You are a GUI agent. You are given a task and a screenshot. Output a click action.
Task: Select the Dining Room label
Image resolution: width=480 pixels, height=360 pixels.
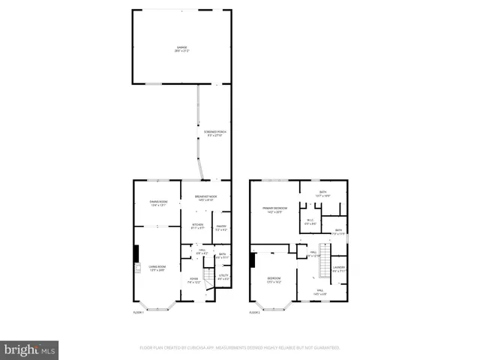point(158,203)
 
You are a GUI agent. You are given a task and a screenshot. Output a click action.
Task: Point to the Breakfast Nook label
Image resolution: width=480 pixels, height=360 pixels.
point(205,198)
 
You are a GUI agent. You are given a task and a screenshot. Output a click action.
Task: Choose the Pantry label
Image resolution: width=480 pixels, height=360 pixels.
point(221,227)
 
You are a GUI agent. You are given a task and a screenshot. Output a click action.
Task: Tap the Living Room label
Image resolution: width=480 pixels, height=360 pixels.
point(157,268)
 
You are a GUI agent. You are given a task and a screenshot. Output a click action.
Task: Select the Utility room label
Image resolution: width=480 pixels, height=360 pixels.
point(223,277)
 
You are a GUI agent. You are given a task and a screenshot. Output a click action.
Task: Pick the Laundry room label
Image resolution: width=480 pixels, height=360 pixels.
point(339,268)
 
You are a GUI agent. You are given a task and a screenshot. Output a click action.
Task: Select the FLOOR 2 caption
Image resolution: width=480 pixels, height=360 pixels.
point(255,310)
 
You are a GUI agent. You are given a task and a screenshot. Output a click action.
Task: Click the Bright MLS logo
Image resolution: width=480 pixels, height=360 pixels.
point(30,349)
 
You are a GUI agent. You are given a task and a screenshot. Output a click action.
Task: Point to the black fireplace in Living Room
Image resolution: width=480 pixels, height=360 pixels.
point(136,254)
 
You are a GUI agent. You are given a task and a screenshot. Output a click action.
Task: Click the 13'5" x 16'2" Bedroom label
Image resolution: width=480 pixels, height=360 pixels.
point(274,280)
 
